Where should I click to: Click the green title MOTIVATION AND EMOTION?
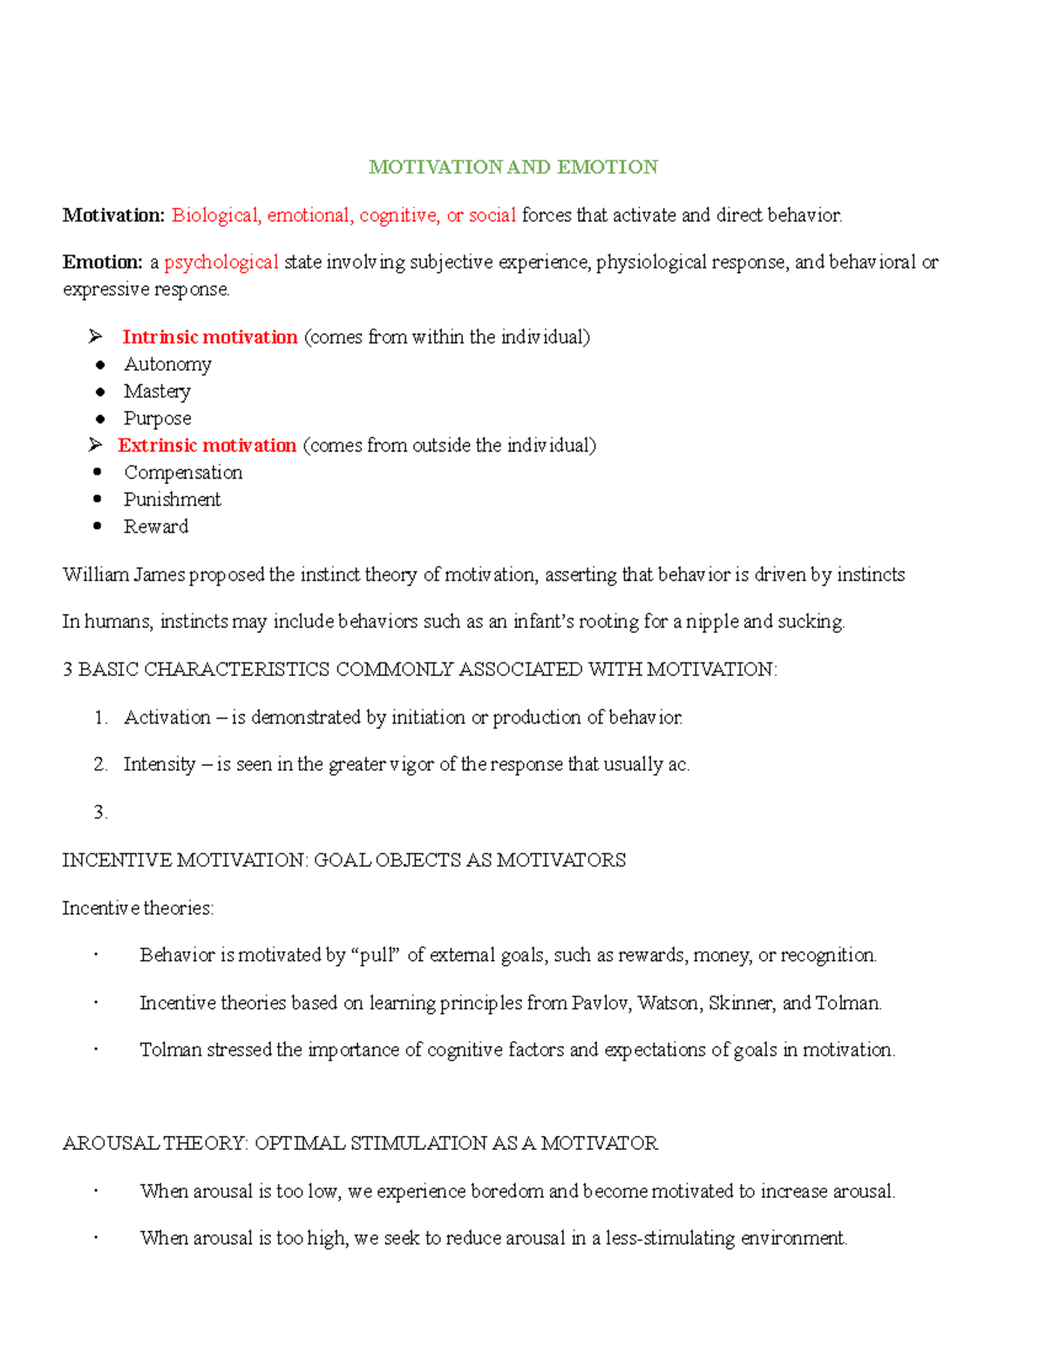coord(513,167)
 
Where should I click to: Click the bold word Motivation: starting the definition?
coord(113,215)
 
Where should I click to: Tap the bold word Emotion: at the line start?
coord(102,262)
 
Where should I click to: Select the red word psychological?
coord(221,262)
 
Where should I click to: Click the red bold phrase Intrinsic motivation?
coord(209,337)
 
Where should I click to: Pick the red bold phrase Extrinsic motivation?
coord(207,446)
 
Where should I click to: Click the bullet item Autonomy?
coord(167,364)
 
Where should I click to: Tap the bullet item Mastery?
coord(157,391)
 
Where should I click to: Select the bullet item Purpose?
coord(157,418)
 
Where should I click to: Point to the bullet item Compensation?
coord(183,473)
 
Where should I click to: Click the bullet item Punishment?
coord(172,500)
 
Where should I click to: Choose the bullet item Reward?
coord(155,527)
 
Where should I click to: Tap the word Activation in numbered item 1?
coord(166,718)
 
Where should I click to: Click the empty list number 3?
coord(100,813)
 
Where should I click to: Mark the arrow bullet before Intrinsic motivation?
coord(96,337)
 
